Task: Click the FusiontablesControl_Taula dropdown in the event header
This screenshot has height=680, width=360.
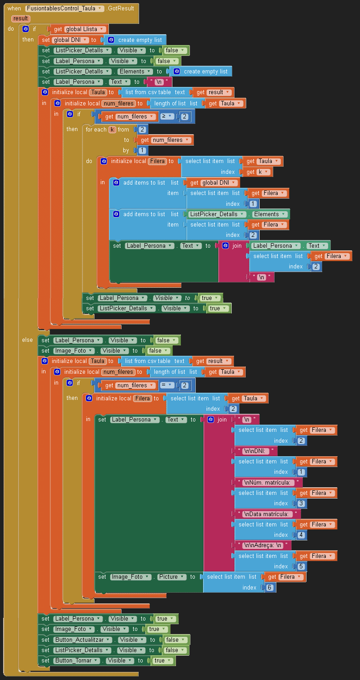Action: tap(64, 9)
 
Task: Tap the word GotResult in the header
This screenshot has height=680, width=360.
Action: tap(121, 9)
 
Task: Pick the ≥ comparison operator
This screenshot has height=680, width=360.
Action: tap(167, 117)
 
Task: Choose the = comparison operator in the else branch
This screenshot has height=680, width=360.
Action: tap(167, 385)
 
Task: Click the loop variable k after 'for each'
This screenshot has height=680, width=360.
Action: tap(112, 130)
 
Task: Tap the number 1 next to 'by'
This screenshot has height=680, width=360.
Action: tap(142, 150)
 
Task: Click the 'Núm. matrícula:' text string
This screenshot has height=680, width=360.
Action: tap(269, 482)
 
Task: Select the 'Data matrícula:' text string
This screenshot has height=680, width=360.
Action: tap(268, 514)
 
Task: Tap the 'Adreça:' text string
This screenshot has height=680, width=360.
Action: tap(263, 545)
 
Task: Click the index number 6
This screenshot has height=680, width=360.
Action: tap(270, 588)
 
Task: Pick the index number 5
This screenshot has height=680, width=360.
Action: tap(301, 567)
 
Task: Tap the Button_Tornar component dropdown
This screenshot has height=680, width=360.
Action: tap(73, 661)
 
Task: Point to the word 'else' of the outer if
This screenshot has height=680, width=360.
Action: tap(27, 340)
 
